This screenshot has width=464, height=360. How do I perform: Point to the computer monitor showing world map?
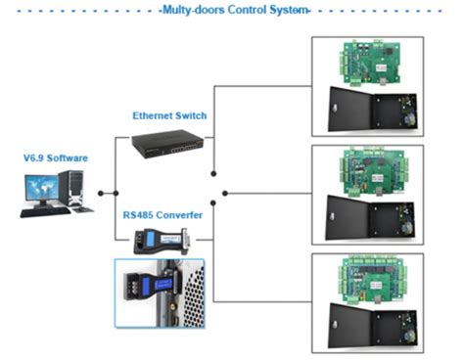pos(40,187)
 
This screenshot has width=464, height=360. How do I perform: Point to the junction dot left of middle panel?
pos(225,193)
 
